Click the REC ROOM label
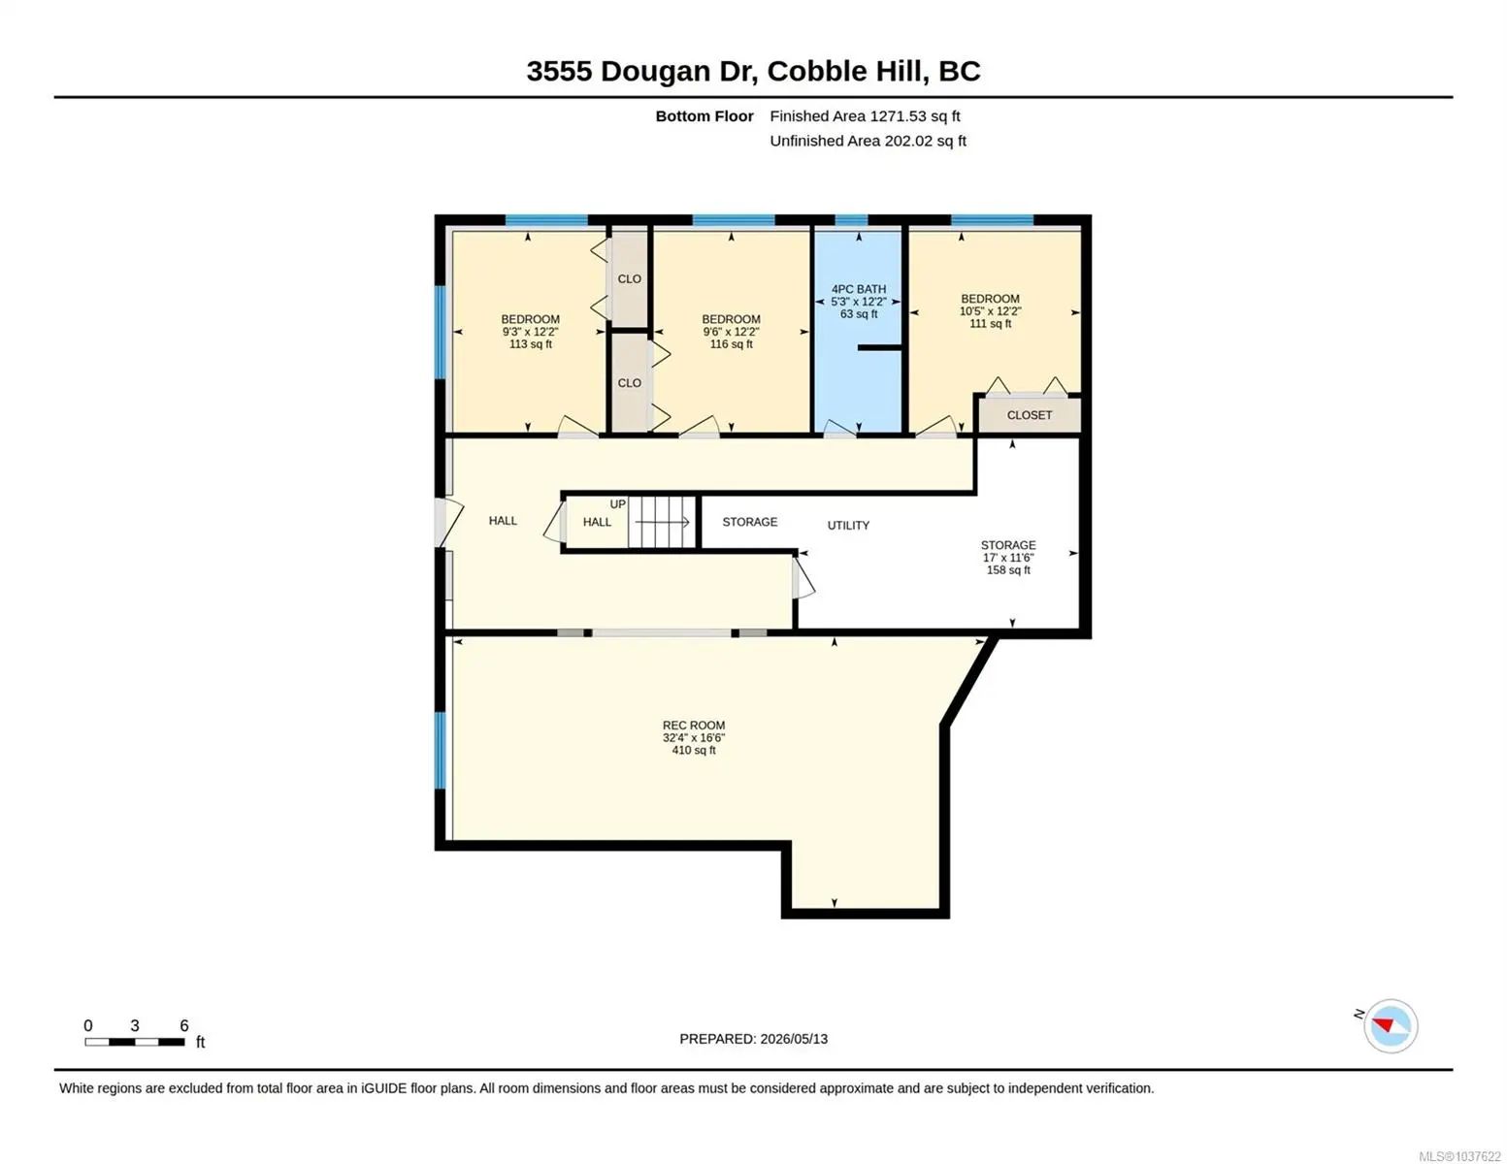click(693, 726)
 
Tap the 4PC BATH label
click(859, 289)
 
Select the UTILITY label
click(848, 526)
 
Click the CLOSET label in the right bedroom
click(1030, 415)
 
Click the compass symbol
click(1390, 1026)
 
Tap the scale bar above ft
click(135, 1042)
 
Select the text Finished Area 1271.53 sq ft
click(865, 116)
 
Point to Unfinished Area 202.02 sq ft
click(868, 141)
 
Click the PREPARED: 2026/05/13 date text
click(753, 1039)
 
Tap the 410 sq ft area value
click(693, 750)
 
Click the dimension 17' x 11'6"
click(1008, 558)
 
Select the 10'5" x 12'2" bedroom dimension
click(991, 311)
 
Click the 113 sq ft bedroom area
click(531, 343)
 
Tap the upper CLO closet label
click(629, 278)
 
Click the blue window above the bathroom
click(851, 220)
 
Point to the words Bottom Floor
click(704, 116)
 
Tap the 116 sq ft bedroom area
click(731, 343)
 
